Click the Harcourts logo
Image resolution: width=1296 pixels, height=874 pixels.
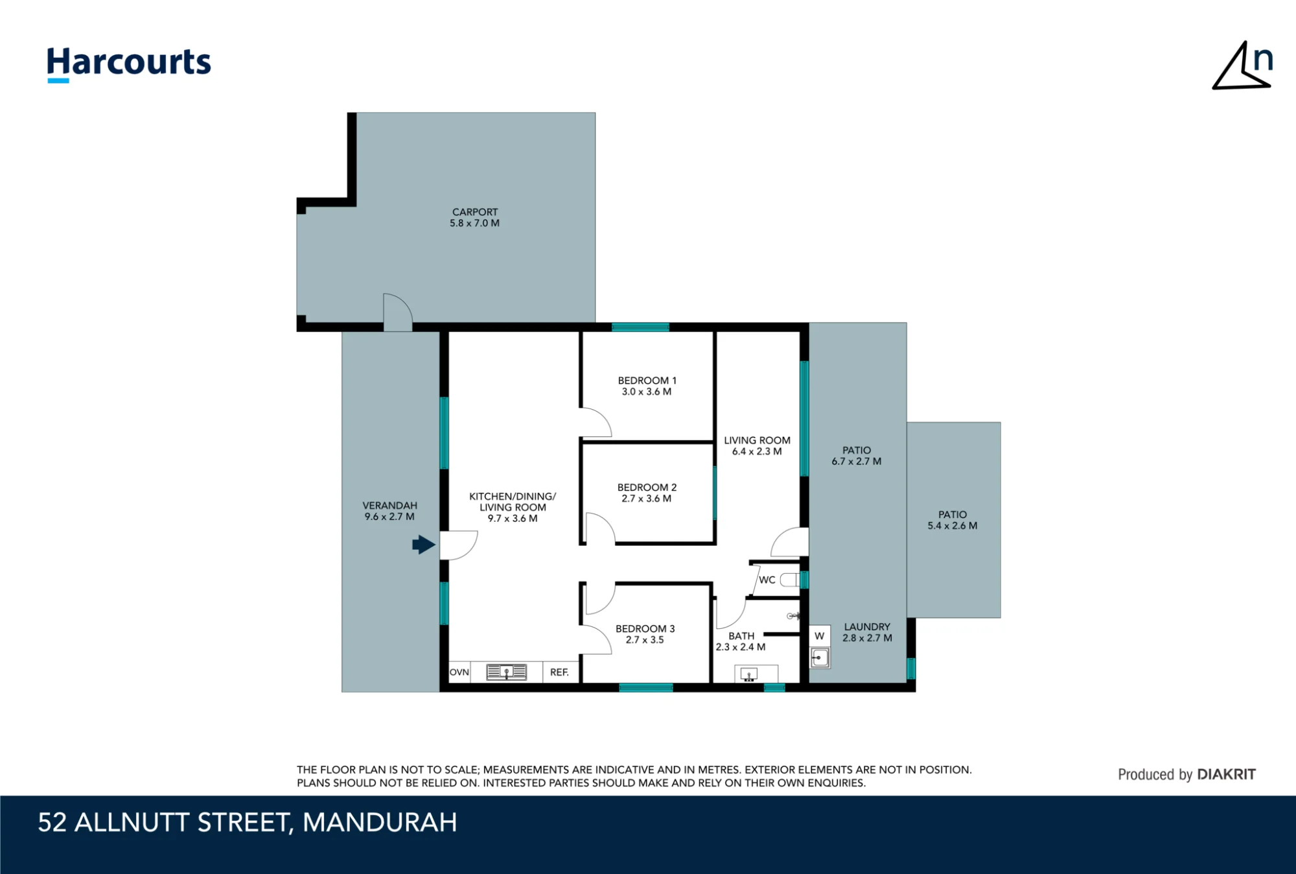point(129,64)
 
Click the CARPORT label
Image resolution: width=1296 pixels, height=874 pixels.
point(475,212)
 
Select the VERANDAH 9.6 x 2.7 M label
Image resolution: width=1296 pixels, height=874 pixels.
point(389,511)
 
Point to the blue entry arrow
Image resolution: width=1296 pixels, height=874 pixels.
point(424,545)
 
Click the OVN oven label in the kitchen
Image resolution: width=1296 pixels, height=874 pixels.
point(459,672)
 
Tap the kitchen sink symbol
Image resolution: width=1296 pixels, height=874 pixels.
point(507,672)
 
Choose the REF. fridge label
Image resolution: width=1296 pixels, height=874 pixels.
point(559,672)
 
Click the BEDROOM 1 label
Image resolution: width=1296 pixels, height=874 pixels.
point(647,381)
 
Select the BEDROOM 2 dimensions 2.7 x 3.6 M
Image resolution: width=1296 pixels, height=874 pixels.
point(646,499)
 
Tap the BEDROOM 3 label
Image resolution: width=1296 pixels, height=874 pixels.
point(645,628)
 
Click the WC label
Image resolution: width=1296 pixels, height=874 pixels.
point(767,580)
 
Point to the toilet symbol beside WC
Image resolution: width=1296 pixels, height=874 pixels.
point(790,580)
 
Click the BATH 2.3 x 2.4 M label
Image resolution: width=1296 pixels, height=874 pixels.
point(741,641)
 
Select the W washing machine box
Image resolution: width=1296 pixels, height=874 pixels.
point(820,636)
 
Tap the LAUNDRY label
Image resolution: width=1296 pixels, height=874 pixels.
point(867,627)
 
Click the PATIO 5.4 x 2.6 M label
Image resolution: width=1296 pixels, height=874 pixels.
point(953,520)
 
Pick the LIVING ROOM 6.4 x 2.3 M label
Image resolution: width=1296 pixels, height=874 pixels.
point(757,445)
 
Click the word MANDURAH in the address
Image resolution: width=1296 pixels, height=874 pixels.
point(380,823)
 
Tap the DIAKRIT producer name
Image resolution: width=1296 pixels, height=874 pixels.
point(1226,774)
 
